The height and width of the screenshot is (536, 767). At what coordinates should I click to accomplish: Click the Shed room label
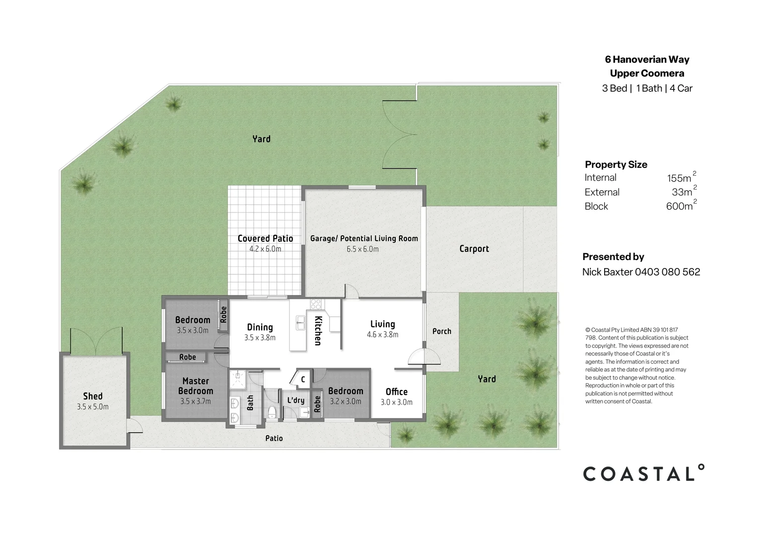click(93, 396)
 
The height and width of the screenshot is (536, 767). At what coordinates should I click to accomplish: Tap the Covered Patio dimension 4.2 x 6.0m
click(265, 249)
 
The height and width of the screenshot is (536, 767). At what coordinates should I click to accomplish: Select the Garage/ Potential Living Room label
click(364, 238)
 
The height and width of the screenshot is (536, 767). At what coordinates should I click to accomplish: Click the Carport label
click(474, 249)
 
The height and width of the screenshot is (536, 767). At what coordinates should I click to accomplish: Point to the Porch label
click(441, 331)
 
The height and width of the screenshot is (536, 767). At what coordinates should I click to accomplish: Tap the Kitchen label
click(318, 331)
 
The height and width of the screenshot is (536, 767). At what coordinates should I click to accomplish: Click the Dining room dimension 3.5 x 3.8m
click(260, 337)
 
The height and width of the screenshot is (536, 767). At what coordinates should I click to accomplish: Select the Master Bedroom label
click(196, 386)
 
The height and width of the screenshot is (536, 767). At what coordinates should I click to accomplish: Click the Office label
click(396, 392)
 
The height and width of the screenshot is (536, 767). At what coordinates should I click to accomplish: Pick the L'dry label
click(296, 400)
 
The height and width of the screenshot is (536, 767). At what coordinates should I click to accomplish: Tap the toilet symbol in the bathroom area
click(272, 411)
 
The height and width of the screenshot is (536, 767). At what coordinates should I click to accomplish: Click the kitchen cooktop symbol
click(316, 304)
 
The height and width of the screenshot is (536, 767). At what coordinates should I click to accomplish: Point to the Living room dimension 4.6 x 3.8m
click(382, 335)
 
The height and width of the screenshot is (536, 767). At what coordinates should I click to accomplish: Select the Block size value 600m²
click(681, 206)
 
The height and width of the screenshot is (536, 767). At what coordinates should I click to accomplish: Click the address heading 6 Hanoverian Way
click(647, 60)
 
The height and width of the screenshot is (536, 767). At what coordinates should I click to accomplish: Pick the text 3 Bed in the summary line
click(614, 88)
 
